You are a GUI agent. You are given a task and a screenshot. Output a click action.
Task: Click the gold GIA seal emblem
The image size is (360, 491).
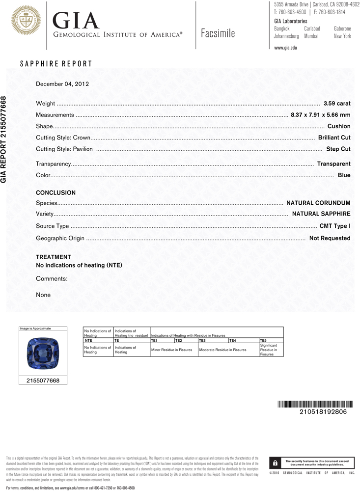(x=24, y=21)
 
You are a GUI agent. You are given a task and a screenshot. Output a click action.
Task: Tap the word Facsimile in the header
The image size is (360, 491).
(x=218, y=33)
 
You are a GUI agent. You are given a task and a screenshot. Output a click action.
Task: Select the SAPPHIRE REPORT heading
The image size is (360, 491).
(x=55, y=64)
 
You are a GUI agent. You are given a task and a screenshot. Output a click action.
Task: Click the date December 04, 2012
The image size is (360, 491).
(x=62, y=84)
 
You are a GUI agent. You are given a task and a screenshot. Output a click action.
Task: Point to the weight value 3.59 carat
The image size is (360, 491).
(x=337, y=103)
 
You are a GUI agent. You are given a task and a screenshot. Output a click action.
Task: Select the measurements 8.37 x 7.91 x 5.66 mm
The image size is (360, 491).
(x=320, y=115)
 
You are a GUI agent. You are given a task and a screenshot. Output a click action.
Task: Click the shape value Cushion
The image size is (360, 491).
(x=339, y=126)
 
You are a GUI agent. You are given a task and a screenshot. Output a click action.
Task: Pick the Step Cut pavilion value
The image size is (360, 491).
(x=338, y=149)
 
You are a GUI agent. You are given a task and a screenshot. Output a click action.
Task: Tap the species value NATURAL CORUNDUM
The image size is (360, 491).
(x=318, y=203)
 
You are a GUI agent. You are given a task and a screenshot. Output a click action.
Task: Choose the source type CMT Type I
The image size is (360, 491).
(x=335, y=226)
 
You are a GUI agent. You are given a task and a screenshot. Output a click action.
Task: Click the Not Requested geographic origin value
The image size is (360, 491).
(x=330, y=238)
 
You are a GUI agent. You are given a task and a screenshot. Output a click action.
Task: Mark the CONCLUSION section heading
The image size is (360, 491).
(x=55, y=193)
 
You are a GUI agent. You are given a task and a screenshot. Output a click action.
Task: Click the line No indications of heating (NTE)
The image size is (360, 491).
(x=79, y=265)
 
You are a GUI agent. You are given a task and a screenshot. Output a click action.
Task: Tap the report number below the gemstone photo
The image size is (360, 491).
(x=43, y=380)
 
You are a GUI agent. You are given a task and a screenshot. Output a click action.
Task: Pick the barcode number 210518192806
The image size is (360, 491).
(x=323, y=411)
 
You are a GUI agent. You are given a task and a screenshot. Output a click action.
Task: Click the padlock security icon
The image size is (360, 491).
(x=275, y=463)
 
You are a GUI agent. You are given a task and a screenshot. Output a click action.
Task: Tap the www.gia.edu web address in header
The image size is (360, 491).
(x=285, y=48)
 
